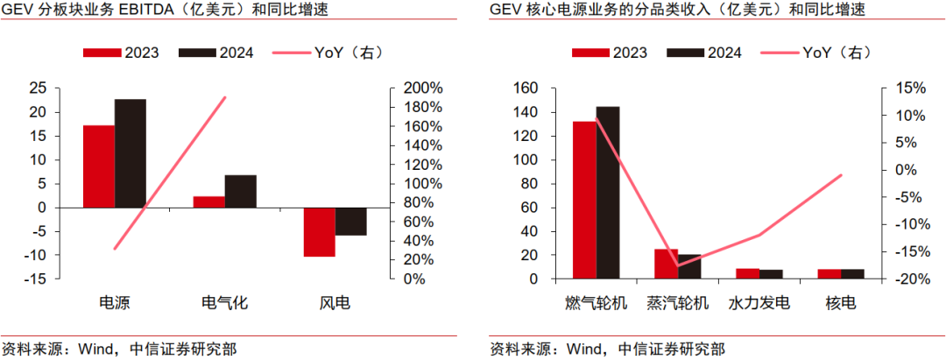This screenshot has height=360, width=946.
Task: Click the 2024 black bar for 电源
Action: coord(131,153)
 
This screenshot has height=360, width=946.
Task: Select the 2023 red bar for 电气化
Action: coord(209,201)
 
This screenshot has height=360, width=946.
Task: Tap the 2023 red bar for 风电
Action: coord(320,232)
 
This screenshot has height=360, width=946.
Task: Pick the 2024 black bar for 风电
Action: coord(351,222)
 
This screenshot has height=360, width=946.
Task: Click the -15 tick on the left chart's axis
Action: coord(37,279)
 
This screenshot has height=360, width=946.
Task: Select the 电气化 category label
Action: coord(225,304)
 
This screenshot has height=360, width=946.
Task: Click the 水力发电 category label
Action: coord(759,304)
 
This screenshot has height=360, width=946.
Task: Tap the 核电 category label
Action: coord(841,304)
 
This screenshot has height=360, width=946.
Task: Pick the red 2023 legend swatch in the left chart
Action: coord(102,53)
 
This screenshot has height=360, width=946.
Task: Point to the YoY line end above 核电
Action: coord(841,175)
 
